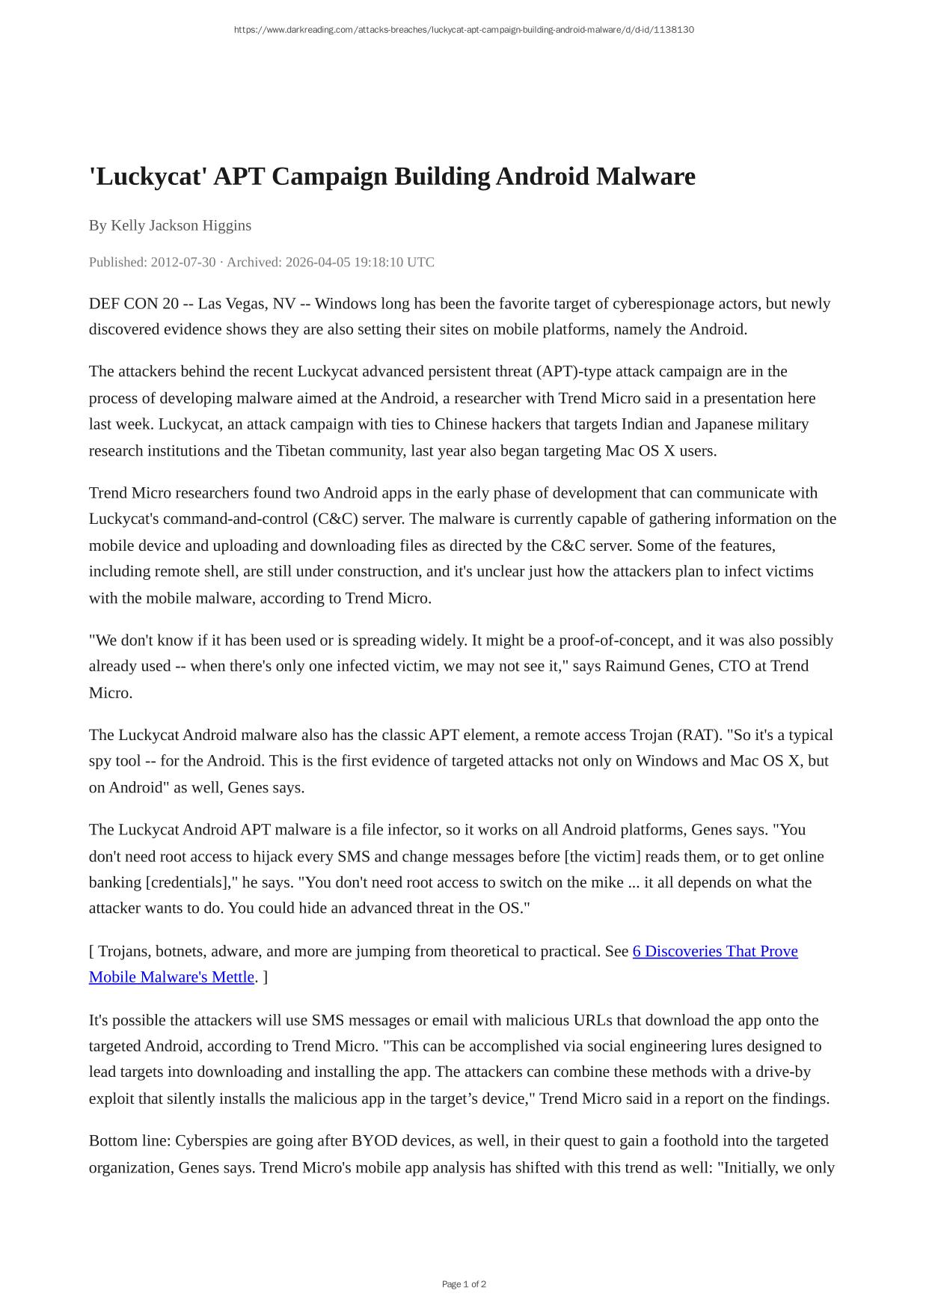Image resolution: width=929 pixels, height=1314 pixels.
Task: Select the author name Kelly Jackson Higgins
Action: (x=181, y=225)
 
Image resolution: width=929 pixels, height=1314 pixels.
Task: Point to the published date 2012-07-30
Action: (x=183, y=262)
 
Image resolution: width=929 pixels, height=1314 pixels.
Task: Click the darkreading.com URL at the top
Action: (x=464, y=30)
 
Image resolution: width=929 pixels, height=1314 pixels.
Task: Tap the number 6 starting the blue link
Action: (x=637, y=951)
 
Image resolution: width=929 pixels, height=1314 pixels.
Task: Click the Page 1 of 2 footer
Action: (x=464, y=1284)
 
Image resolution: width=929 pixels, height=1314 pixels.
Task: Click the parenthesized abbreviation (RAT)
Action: (x=699, y=735)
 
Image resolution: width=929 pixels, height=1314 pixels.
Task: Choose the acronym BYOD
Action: (x=374, y=1140)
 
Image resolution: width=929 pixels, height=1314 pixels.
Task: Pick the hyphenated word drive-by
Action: (x=782, y=1072)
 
